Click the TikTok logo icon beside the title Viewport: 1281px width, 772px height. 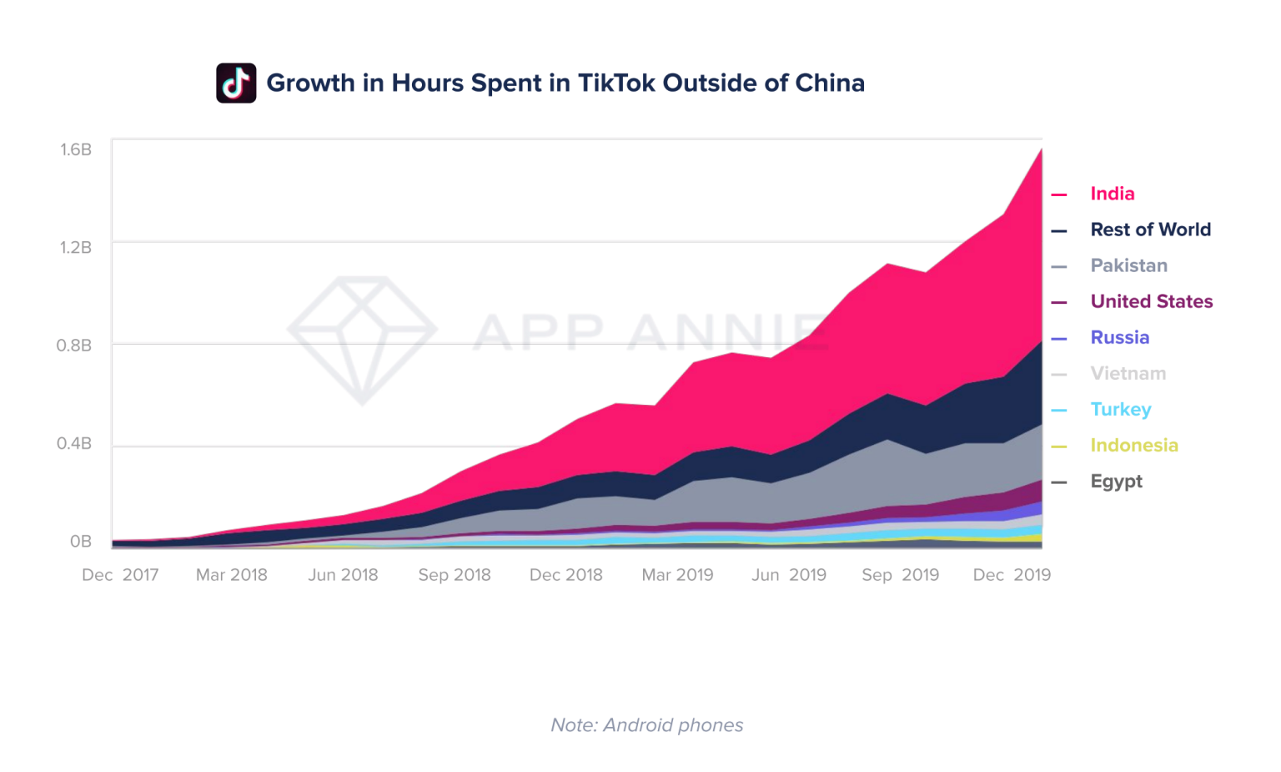236,83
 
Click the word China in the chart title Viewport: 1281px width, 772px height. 829,83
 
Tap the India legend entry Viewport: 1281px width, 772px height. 1112,194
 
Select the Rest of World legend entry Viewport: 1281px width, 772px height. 1150,230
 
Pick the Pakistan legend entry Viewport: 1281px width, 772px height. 1128,265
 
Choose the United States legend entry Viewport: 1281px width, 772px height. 1151,301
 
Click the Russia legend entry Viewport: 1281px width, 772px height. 1119,337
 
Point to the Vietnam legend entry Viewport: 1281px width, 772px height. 1128,373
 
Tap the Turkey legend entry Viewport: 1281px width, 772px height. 1120,409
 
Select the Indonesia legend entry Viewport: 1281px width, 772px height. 1133,445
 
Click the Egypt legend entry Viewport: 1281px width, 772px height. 1116,481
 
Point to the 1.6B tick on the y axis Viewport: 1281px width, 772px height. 75,149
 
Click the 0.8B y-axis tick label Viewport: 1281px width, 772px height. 73,345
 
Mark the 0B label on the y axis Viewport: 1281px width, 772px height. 80,542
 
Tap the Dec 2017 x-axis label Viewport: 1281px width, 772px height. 120,575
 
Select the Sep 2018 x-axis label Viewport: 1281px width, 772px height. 455,575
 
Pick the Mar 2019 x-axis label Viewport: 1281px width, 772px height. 677,575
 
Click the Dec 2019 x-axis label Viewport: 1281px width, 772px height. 1012,575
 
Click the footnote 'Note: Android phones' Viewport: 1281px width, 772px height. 646,724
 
